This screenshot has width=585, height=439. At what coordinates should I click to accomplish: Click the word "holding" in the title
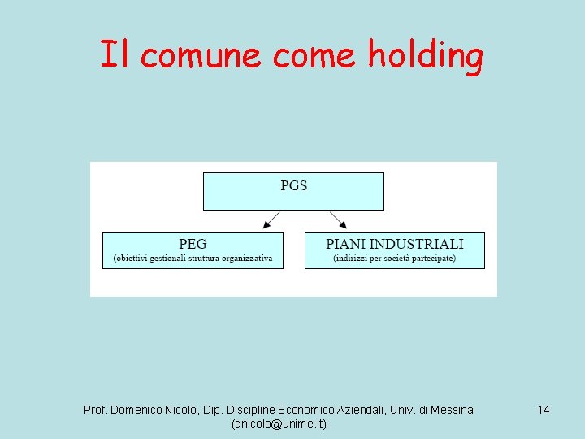pyautogui.click(x=426, y=55)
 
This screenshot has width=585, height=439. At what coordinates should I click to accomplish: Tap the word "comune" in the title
pyautogui.click(x=205, y=55)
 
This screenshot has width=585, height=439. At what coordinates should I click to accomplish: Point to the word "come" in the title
pyautogui.click(x=314, y=55)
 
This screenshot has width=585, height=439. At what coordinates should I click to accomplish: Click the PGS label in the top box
pyautogui.click(x=293, y=185)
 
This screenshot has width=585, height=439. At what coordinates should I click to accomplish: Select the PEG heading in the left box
pyautogui.click(x=193, y=243)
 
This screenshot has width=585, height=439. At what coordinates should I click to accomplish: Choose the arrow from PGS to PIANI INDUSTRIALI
pyautogui.click(x=338, y=219)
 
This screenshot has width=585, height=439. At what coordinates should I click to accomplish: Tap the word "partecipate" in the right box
pyautogui.click(x=433, y=259)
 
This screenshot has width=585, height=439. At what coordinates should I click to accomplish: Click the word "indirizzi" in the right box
pyautogui.click(x=353, y=259)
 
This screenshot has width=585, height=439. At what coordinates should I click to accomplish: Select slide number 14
pyautogui.click(x=544, y=410)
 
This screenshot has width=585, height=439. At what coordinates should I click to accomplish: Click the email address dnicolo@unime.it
pyautogui.click(x=279, y=424)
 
